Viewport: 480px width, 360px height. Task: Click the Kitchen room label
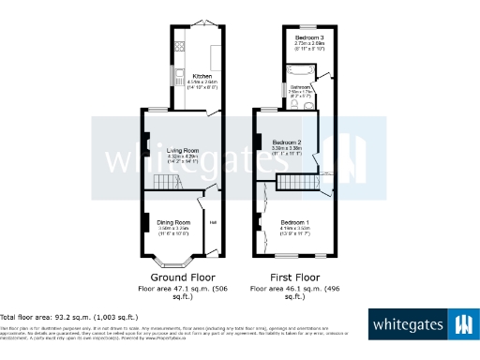click(202, 76)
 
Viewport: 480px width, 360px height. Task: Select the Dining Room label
click(173, 222)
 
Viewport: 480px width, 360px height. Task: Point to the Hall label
click(213, 222)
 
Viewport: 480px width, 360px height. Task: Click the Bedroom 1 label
click(294, 222)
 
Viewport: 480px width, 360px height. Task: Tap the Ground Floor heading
click(176, 278)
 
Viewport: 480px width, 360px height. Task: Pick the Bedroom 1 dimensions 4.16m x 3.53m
click(294, 229)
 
